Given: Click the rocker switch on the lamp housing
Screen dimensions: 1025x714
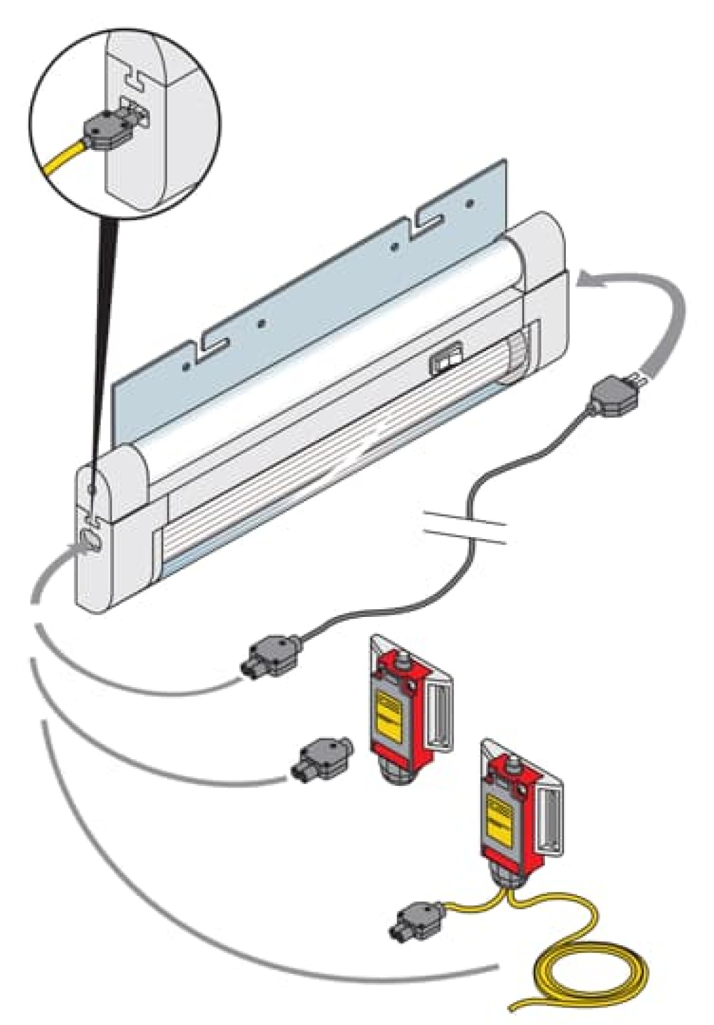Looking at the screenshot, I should (x=445, y=361).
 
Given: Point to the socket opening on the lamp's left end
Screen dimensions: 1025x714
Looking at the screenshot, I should (x=90, y=539).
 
